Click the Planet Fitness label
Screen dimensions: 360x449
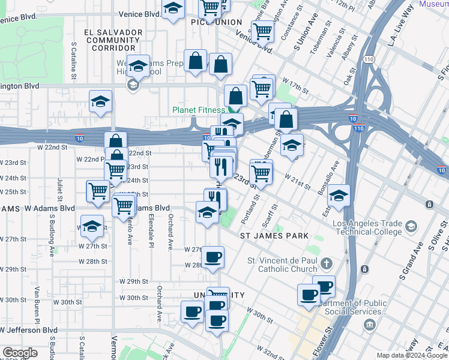click(199, 110)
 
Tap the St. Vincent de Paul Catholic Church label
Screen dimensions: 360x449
click(282, 265)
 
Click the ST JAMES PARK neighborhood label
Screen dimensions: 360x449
click(274, 236)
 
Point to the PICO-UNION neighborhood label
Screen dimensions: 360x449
click(216, 22)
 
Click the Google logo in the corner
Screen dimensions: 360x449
click(20, 353)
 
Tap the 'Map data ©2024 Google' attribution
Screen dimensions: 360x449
click(412, 355)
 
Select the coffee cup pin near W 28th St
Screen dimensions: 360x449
click(212, 257)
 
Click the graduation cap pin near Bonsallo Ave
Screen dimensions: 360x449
click(339, 196)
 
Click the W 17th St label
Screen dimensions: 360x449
click(295, 85)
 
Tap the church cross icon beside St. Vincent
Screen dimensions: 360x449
click(326, 263)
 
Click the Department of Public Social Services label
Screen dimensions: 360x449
click(349, 307)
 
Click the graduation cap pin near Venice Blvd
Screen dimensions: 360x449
click(173, 10)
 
